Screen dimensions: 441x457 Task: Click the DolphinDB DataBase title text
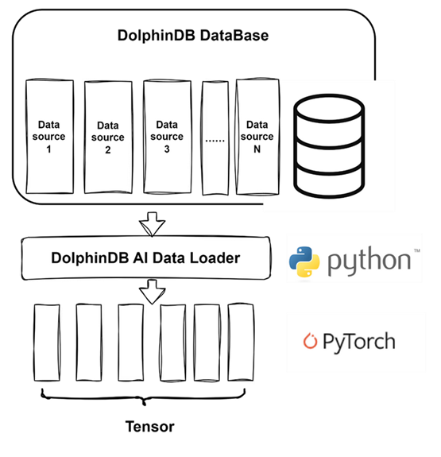tap(193, 36)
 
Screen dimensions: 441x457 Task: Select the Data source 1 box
tap(49, 136)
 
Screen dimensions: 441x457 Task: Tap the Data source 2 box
tap(108, 137)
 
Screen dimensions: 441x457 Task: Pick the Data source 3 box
tap(168, 137)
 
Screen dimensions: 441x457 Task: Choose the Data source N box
tap(257, 137)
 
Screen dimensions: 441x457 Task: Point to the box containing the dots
tap(215, 137)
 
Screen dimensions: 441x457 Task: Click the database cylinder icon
tap(329, 146)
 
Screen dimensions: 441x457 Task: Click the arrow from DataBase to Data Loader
tap(152, 224)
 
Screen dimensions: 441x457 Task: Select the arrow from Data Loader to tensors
tap(152, 292)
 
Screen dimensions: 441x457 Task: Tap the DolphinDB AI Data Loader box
tap(146, 258)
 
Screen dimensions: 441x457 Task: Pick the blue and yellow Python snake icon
tap(304, 261)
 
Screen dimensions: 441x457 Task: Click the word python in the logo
tap(369, 261)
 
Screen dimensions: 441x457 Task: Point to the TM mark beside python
tap(417, 250)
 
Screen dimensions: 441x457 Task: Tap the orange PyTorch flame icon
tap(310, 340)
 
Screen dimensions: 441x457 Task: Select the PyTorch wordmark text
tap(359, 343)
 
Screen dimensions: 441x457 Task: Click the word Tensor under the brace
tap(150, 427)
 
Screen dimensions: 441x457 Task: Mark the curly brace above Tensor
tap(143, 397)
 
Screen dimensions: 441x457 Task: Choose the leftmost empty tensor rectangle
tap(47, 343)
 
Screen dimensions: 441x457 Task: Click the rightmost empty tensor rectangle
tap(241, 343)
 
